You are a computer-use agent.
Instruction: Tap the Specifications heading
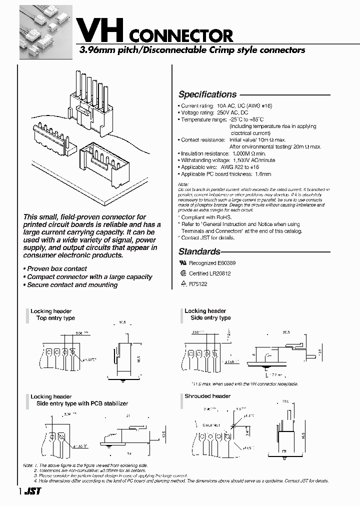[207, 94]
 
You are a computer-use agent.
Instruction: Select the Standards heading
[199, 251]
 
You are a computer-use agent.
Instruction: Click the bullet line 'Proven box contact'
[56, 268]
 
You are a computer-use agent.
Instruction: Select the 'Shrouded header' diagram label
[207, 396]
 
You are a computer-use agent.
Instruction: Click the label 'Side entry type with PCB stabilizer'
[82, 403]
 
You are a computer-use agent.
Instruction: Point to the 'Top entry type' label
[56, 318]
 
